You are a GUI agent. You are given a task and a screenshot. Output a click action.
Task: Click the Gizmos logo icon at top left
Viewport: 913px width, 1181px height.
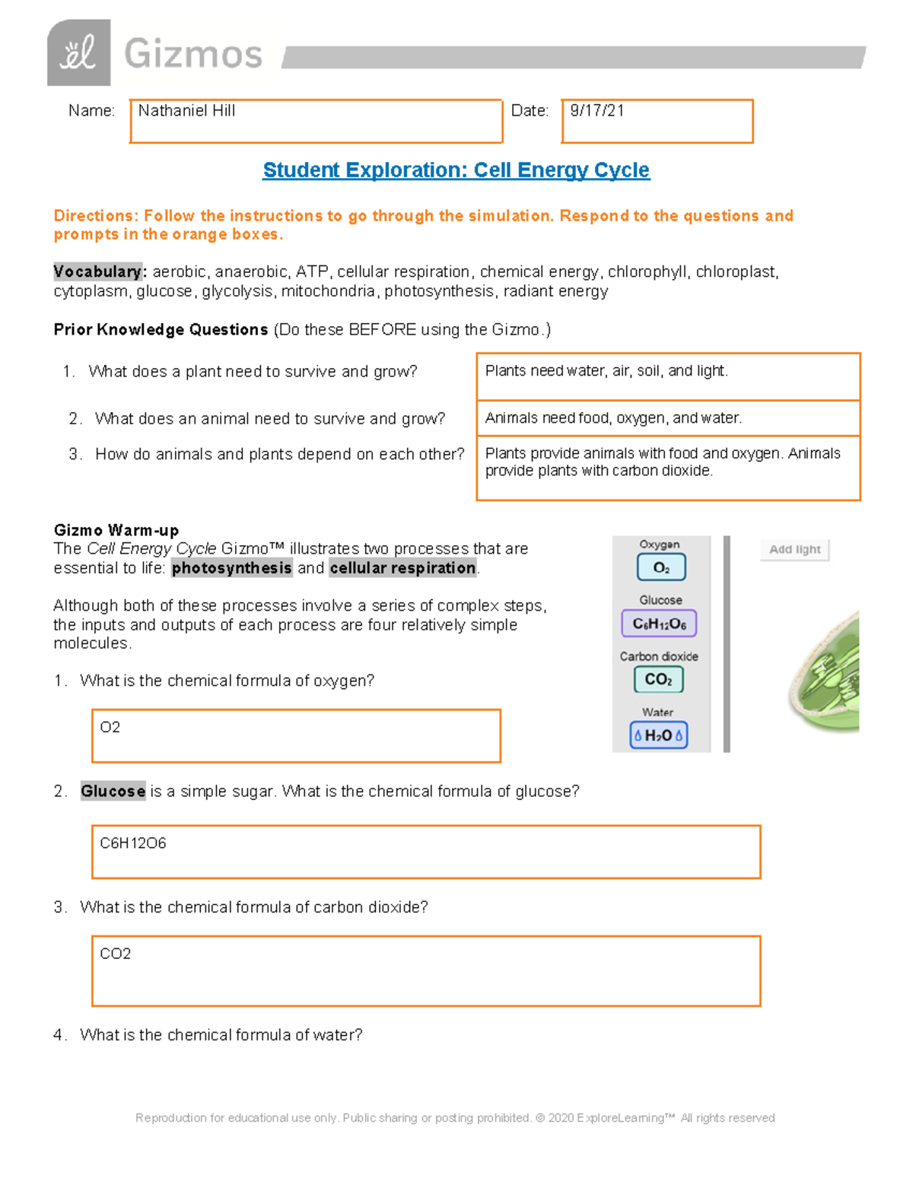[x=78, y=52]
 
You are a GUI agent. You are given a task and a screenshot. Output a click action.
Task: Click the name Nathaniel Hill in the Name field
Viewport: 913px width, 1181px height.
[x=186, y=111]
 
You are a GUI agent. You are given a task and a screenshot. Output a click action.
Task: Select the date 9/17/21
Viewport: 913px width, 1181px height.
[x=597, y=111]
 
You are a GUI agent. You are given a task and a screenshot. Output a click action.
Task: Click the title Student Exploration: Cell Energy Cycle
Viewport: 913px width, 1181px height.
[x=456, y=170]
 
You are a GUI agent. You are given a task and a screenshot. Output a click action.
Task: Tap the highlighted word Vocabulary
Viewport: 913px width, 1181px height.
[x=97, y=271]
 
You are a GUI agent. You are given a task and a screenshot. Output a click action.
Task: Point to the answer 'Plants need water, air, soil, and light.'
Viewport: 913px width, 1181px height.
[x=606, y=371]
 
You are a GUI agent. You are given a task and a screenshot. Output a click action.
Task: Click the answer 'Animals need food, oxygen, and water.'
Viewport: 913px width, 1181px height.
[x=613, y=418]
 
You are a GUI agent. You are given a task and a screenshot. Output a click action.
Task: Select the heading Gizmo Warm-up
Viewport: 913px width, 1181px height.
[x=116, y=530]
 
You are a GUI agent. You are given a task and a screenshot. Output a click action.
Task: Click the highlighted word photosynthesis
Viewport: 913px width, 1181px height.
[x=231, y=568]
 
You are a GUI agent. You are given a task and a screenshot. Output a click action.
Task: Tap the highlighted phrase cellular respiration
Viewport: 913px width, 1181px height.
[x=402, y=568]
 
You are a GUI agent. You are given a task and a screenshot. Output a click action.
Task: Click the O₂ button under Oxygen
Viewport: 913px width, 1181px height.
[x=660, y=567]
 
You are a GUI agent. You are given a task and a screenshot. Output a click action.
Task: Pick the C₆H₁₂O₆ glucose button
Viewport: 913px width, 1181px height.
[x=659, y=624]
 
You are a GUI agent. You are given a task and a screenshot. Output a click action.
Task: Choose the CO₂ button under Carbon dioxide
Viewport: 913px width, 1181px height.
[x=658, y=679]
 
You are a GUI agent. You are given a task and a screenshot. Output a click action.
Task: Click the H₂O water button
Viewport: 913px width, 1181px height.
[x=658, y=735]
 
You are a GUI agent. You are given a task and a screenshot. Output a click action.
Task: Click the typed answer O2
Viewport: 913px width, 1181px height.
[x=110, y=728]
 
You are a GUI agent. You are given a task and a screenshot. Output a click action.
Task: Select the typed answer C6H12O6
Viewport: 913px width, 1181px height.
[x=133, y=843]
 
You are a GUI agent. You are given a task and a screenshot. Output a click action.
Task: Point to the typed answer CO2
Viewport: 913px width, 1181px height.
[x=116, y=954]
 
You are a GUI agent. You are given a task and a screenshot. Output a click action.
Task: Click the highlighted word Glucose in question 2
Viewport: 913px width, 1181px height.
[x=113, y=792]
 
